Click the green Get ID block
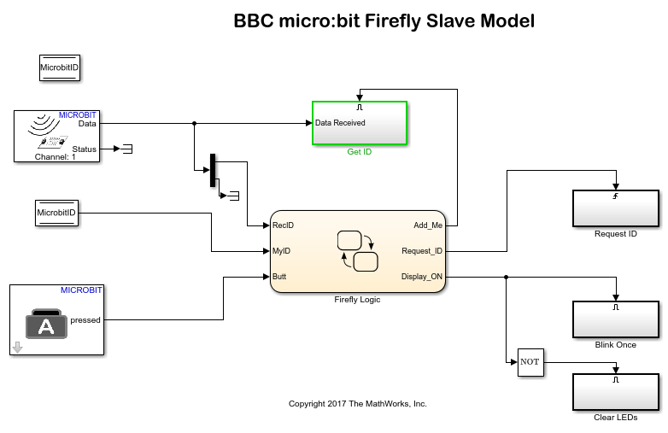(x=359, y=124)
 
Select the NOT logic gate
(x=530, y=361)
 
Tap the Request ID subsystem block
(x=615, y=207)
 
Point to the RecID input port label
(x=283, y=225)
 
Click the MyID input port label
(x=282, y=251)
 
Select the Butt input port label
(x=279, y=277)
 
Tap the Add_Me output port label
(x=428, y=225)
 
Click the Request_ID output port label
(x=422, y=251)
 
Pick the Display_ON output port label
(x=422, y=277)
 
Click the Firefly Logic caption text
(x=358, y=300)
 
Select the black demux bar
(x=212, y=171)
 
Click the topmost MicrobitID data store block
(x=59, y=67)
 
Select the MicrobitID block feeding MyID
(x=56, y=213)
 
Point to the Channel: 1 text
(x=56, y=157)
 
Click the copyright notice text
(x=357, y=403)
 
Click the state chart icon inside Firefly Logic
(x=358, y=250)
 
